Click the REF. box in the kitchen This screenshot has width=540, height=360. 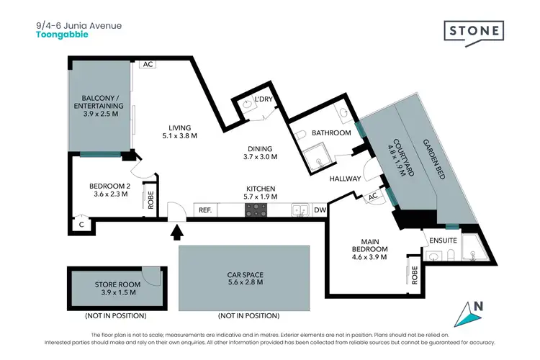[x=205, y=210]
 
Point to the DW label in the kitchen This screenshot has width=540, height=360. [x=320, y=210]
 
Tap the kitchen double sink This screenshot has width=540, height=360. [x=300, y=210]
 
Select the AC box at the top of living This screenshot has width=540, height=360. [x=148, y=64]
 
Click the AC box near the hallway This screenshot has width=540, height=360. [x=373, y=197]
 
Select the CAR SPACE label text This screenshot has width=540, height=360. [x=244, y=274]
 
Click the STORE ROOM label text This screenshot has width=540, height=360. [x=116, y=285]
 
